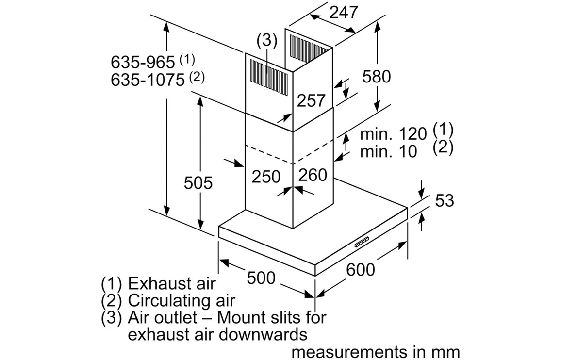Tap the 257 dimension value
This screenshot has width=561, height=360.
pyautogui.click(x=311, y=100)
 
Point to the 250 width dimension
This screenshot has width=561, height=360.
pyautogui.click(x=266, y=177)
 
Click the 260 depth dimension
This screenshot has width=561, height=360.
pyautogui.click(x=313, y=175)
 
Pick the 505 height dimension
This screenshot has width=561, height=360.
pyautogui.click(x=198, y=183)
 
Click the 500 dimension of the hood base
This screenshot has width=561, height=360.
pyautogui.click(x=261, y=278)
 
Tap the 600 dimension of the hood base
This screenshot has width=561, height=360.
pyautogui.click(x=360, y=269)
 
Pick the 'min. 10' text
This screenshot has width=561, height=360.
pyautogui.click(x=388, y=151)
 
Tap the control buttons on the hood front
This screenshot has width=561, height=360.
pyautogui.click(x=363, y=241)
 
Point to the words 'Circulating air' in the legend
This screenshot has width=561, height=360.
pyautogui.click(x=181, y=300)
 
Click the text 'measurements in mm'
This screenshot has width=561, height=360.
pyautogui.click(x=375, y=351)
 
